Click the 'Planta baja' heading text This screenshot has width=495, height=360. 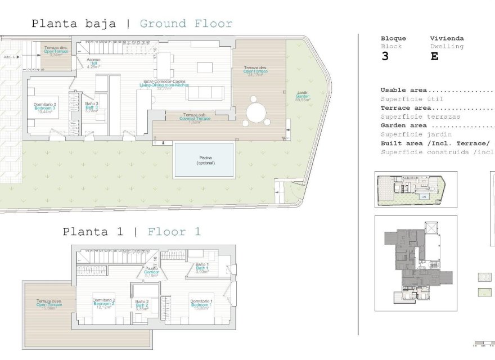click(x=74, y=24)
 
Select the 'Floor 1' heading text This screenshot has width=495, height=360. click(x=174, y=231)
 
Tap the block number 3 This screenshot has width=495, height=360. click(x=385, y=57)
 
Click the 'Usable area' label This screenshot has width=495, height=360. click(x=403, y=90)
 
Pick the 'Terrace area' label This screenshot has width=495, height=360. click(x=406, y=108)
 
